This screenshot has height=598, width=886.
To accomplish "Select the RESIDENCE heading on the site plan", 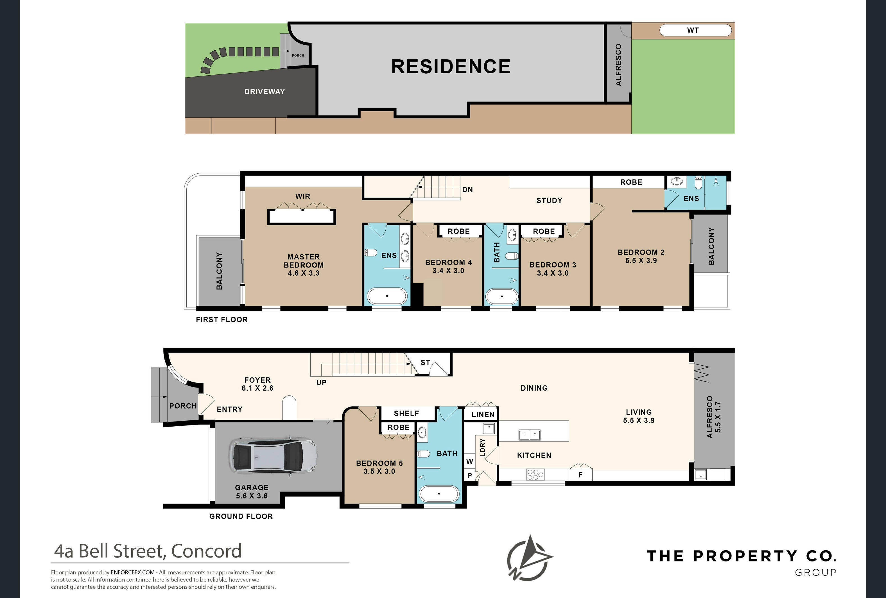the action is tap(451, 66).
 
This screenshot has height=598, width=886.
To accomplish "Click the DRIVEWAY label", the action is tap(265, 92).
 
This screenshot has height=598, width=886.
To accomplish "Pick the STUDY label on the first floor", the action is tap(549, 200).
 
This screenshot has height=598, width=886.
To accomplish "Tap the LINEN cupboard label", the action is tap(483, 414).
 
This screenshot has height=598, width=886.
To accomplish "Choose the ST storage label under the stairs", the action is tap(425, 363).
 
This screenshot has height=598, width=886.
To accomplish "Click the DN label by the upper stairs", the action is tap(467, 190).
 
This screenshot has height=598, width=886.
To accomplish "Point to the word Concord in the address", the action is tap(206, 551).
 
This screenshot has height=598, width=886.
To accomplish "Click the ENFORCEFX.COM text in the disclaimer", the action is tap(133, 572).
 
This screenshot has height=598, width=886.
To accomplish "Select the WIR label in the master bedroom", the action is tap(303, 196).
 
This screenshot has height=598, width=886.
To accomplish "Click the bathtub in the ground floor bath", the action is tap(439, 494).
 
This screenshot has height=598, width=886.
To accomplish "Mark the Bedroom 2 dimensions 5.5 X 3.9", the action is tap(641, 261).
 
